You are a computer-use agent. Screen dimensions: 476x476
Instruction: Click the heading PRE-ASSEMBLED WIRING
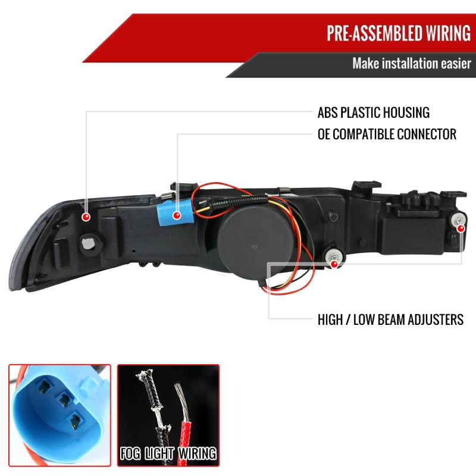tap(398, 33)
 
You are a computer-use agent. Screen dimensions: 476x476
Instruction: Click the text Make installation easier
tap(411, 63)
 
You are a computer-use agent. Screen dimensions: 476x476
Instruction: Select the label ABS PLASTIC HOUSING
tap(374, 112)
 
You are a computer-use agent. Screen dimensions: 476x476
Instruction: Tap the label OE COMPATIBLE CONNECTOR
tap(387, 134)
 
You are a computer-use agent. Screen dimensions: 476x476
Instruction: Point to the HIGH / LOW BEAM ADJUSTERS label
tap(390, 320)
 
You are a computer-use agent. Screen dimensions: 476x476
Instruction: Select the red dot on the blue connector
tap(177, 215)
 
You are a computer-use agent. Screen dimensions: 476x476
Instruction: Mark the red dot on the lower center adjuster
tap(334, 261)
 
